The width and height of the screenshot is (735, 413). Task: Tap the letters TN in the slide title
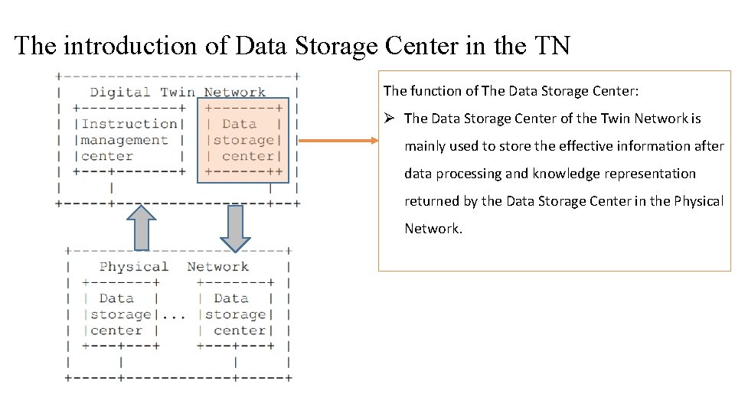tap(550, 46)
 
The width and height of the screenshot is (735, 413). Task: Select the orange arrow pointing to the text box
tap(337, 141)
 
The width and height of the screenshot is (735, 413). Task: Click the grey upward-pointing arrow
tap(141, 227)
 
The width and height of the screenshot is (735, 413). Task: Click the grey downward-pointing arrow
tap(235, 227)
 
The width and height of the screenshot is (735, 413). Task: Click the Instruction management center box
tap(129, 140)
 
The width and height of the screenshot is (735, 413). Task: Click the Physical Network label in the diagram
tap(174, 267)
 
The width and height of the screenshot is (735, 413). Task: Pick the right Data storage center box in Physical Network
tap(234, 314)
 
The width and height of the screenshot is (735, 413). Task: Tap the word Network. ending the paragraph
tap(433, 229)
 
